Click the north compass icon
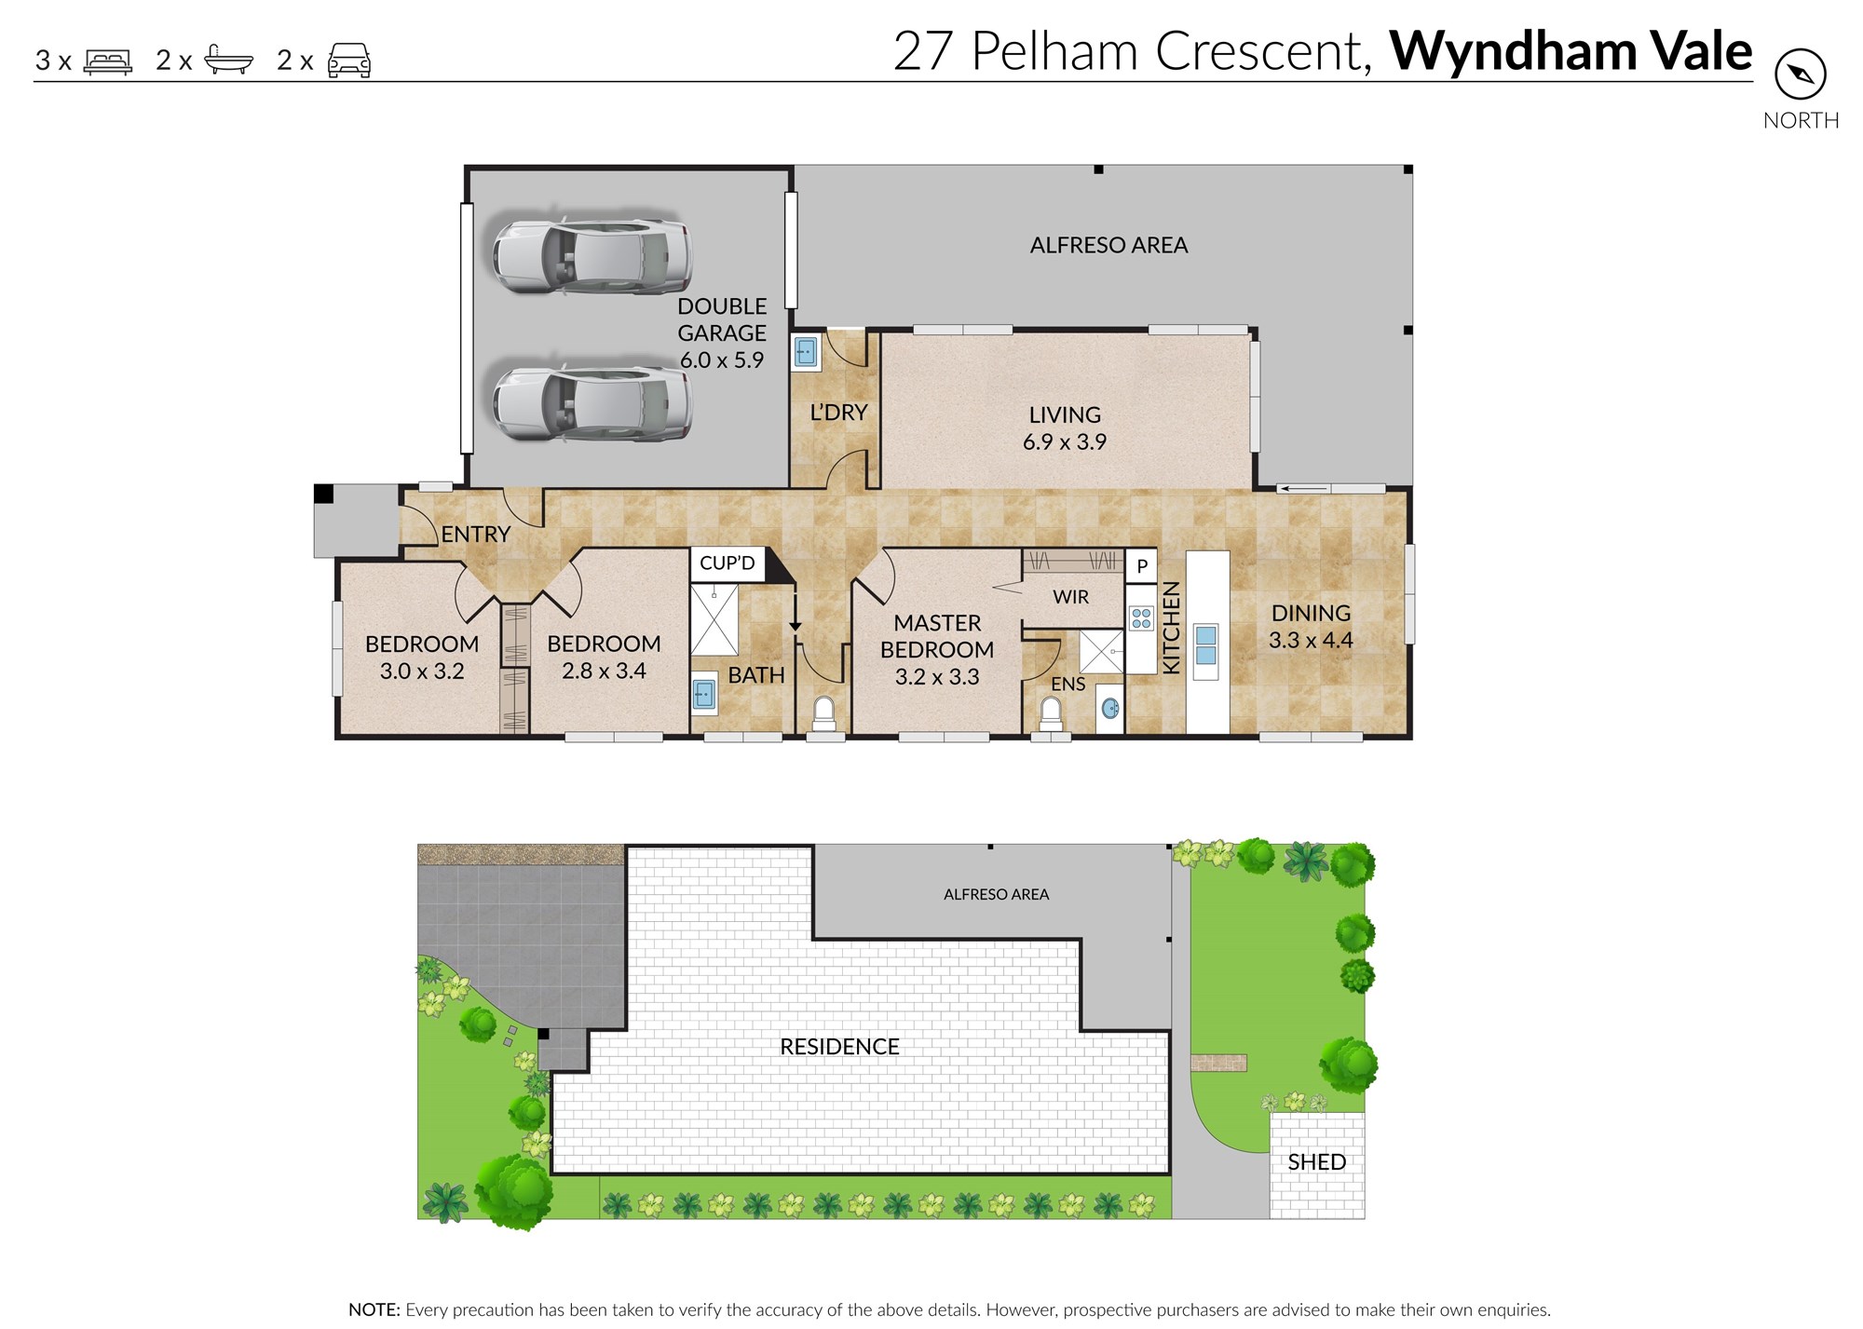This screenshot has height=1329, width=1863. coord(1800,75)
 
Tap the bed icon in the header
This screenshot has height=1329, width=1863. coord(108,61)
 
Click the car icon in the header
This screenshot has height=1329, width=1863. coord(349,61)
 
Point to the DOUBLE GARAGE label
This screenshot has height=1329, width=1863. coord(722,332)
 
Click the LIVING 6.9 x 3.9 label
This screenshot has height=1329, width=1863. coord(1065,428)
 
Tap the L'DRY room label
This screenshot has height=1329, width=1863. coord(838,413)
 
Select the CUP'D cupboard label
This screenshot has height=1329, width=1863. coord(727,563)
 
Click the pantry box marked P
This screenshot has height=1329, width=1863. coord(1142,566)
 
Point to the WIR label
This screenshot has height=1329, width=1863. coord(1070,597)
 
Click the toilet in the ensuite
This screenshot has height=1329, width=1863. coord(1051,713)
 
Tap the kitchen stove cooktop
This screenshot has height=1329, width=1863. coord(1141,617)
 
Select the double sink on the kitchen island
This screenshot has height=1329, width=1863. coord(1205,645)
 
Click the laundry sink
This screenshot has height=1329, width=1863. coord(806,353)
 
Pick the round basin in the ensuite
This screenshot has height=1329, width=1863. coord(1109,709)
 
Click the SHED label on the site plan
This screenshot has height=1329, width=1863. coord(1316,1162)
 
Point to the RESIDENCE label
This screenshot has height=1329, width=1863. coord(839,1047)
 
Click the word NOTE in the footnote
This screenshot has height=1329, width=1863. coord(374,1310)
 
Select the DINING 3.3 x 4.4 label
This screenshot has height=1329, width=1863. coord(1311,627)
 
